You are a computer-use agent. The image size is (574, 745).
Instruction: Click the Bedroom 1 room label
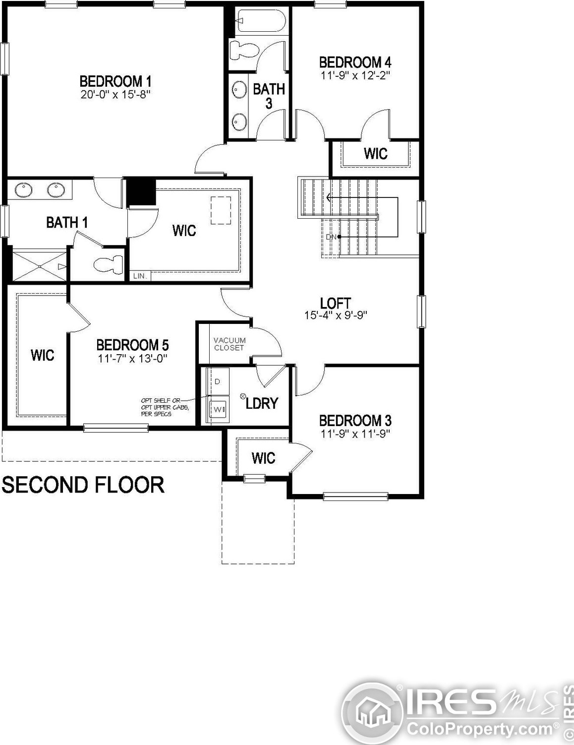coord(115,81)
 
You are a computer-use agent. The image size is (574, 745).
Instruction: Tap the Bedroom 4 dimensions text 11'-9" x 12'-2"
coord(355,75)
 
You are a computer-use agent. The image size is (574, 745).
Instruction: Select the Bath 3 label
coord(269,96)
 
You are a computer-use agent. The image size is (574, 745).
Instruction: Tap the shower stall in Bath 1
coord(39,266)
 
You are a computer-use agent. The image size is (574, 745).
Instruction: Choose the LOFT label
coord(336,303)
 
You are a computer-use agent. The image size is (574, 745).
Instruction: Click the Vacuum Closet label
coord(229,344)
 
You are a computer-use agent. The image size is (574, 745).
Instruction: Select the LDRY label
coord(262,403)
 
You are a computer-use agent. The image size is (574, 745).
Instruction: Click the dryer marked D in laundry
coord(218,381)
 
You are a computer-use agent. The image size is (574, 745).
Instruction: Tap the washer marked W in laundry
coord(218,410)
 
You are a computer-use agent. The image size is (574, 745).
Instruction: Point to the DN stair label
coord(331,237)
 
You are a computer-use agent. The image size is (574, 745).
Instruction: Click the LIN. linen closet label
coord(139,276)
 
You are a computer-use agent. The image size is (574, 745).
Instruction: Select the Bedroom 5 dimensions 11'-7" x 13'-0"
coord(132,358)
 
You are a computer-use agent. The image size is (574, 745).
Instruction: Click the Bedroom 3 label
coord(355,421)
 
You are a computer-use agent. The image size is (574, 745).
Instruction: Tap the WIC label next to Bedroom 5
coord(42,355)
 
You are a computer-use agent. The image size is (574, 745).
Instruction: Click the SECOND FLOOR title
coord(83,485)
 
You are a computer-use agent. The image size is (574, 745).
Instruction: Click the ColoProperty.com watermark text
coord(480,729)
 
